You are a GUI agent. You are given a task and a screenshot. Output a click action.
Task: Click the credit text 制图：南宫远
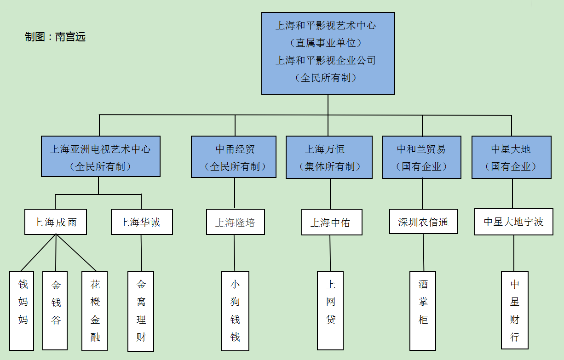tap(55, 37)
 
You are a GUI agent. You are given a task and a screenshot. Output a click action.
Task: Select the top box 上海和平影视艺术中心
tap(328, 53)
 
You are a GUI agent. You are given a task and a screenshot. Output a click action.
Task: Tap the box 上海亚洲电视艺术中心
tap(101, 156)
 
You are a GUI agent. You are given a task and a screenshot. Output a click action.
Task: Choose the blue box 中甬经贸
tap(234, 157)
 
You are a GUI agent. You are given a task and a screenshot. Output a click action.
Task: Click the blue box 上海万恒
tap(329, 157)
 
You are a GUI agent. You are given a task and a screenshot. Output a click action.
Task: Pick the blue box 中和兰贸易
tap(422, 157)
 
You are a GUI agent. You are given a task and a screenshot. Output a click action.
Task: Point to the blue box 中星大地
tap(512, 157)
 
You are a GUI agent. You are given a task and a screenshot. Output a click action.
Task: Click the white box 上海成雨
tap(56, 222)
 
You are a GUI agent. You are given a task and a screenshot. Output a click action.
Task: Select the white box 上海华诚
tap(142, 222)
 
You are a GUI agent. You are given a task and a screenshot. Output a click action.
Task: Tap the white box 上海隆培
tap(236, 222)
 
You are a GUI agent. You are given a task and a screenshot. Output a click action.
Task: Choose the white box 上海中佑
tap(332, 222)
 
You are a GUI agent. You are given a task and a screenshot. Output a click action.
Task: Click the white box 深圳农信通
tap(424, 222)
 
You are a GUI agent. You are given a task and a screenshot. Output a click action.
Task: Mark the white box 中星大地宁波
tap(514, 222)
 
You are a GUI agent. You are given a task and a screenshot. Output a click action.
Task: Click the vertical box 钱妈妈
tap(22, 311)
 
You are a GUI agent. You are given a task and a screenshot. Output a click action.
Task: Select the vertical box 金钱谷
tap(55, 311)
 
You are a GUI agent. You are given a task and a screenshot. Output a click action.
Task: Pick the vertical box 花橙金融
tap(94, 311)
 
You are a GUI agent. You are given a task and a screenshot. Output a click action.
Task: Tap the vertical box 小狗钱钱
tap(235, 311)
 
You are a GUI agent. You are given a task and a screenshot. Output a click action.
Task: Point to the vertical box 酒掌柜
tap(422, 311)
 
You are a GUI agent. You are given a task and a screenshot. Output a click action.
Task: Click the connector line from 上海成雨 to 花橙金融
tap(76, 252)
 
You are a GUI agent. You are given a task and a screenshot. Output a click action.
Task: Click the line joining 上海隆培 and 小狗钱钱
tap(235, 253)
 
